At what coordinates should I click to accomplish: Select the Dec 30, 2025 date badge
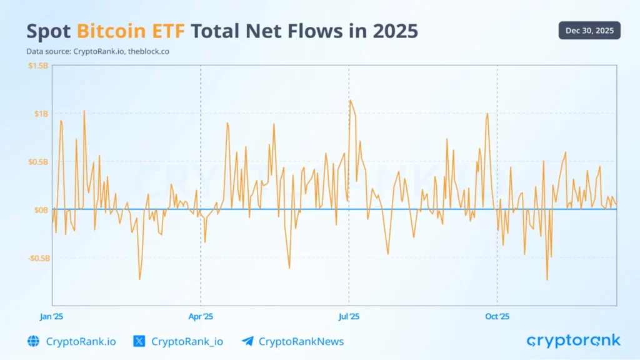(589, 30)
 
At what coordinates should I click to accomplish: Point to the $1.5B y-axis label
(37, 66)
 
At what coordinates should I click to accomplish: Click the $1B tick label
(41, 114)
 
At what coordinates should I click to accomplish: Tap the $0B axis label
(41, 210)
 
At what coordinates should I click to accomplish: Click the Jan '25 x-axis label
(51, 316)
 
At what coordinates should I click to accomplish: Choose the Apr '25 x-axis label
(200, 316)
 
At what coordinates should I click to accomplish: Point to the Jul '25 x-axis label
(349, 316)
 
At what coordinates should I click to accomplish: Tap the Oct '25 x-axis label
(497, 316)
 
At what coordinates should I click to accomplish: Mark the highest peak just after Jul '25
(350, 101)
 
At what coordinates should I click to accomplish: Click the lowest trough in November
(547, 279)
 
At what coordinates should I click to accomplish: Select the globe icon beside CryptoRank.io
(33, 341)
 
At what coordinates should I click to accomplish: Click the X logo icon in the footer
(139, 341)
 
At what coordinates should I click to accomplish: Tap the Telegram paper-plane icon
(247, 341)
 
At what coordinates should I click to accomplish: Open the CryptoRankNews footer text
(301, 341)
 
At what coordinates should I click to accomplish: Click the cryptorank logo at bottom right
(573, 341)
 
